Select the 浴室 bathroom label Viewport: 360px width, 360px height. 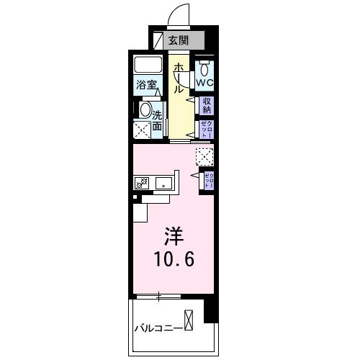click(x=148, y=84)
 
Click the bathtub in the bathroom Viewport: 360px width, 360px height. click(x=149, y=64)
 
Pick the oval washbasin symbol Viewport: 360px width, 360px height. click(x=145, y=112)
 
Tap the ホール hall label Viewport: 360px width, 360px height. click(x=177, y=78)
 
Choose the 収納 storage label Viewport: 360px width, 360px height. click(x=207, y=106)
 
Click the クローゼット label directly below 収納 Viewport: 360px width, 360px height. click(x=207, y=130)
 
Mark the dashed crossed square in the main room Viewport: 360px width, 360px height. click(x=204, y=156)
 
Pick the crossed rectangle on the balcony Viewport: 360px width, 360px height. click(x=189, y=320)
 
